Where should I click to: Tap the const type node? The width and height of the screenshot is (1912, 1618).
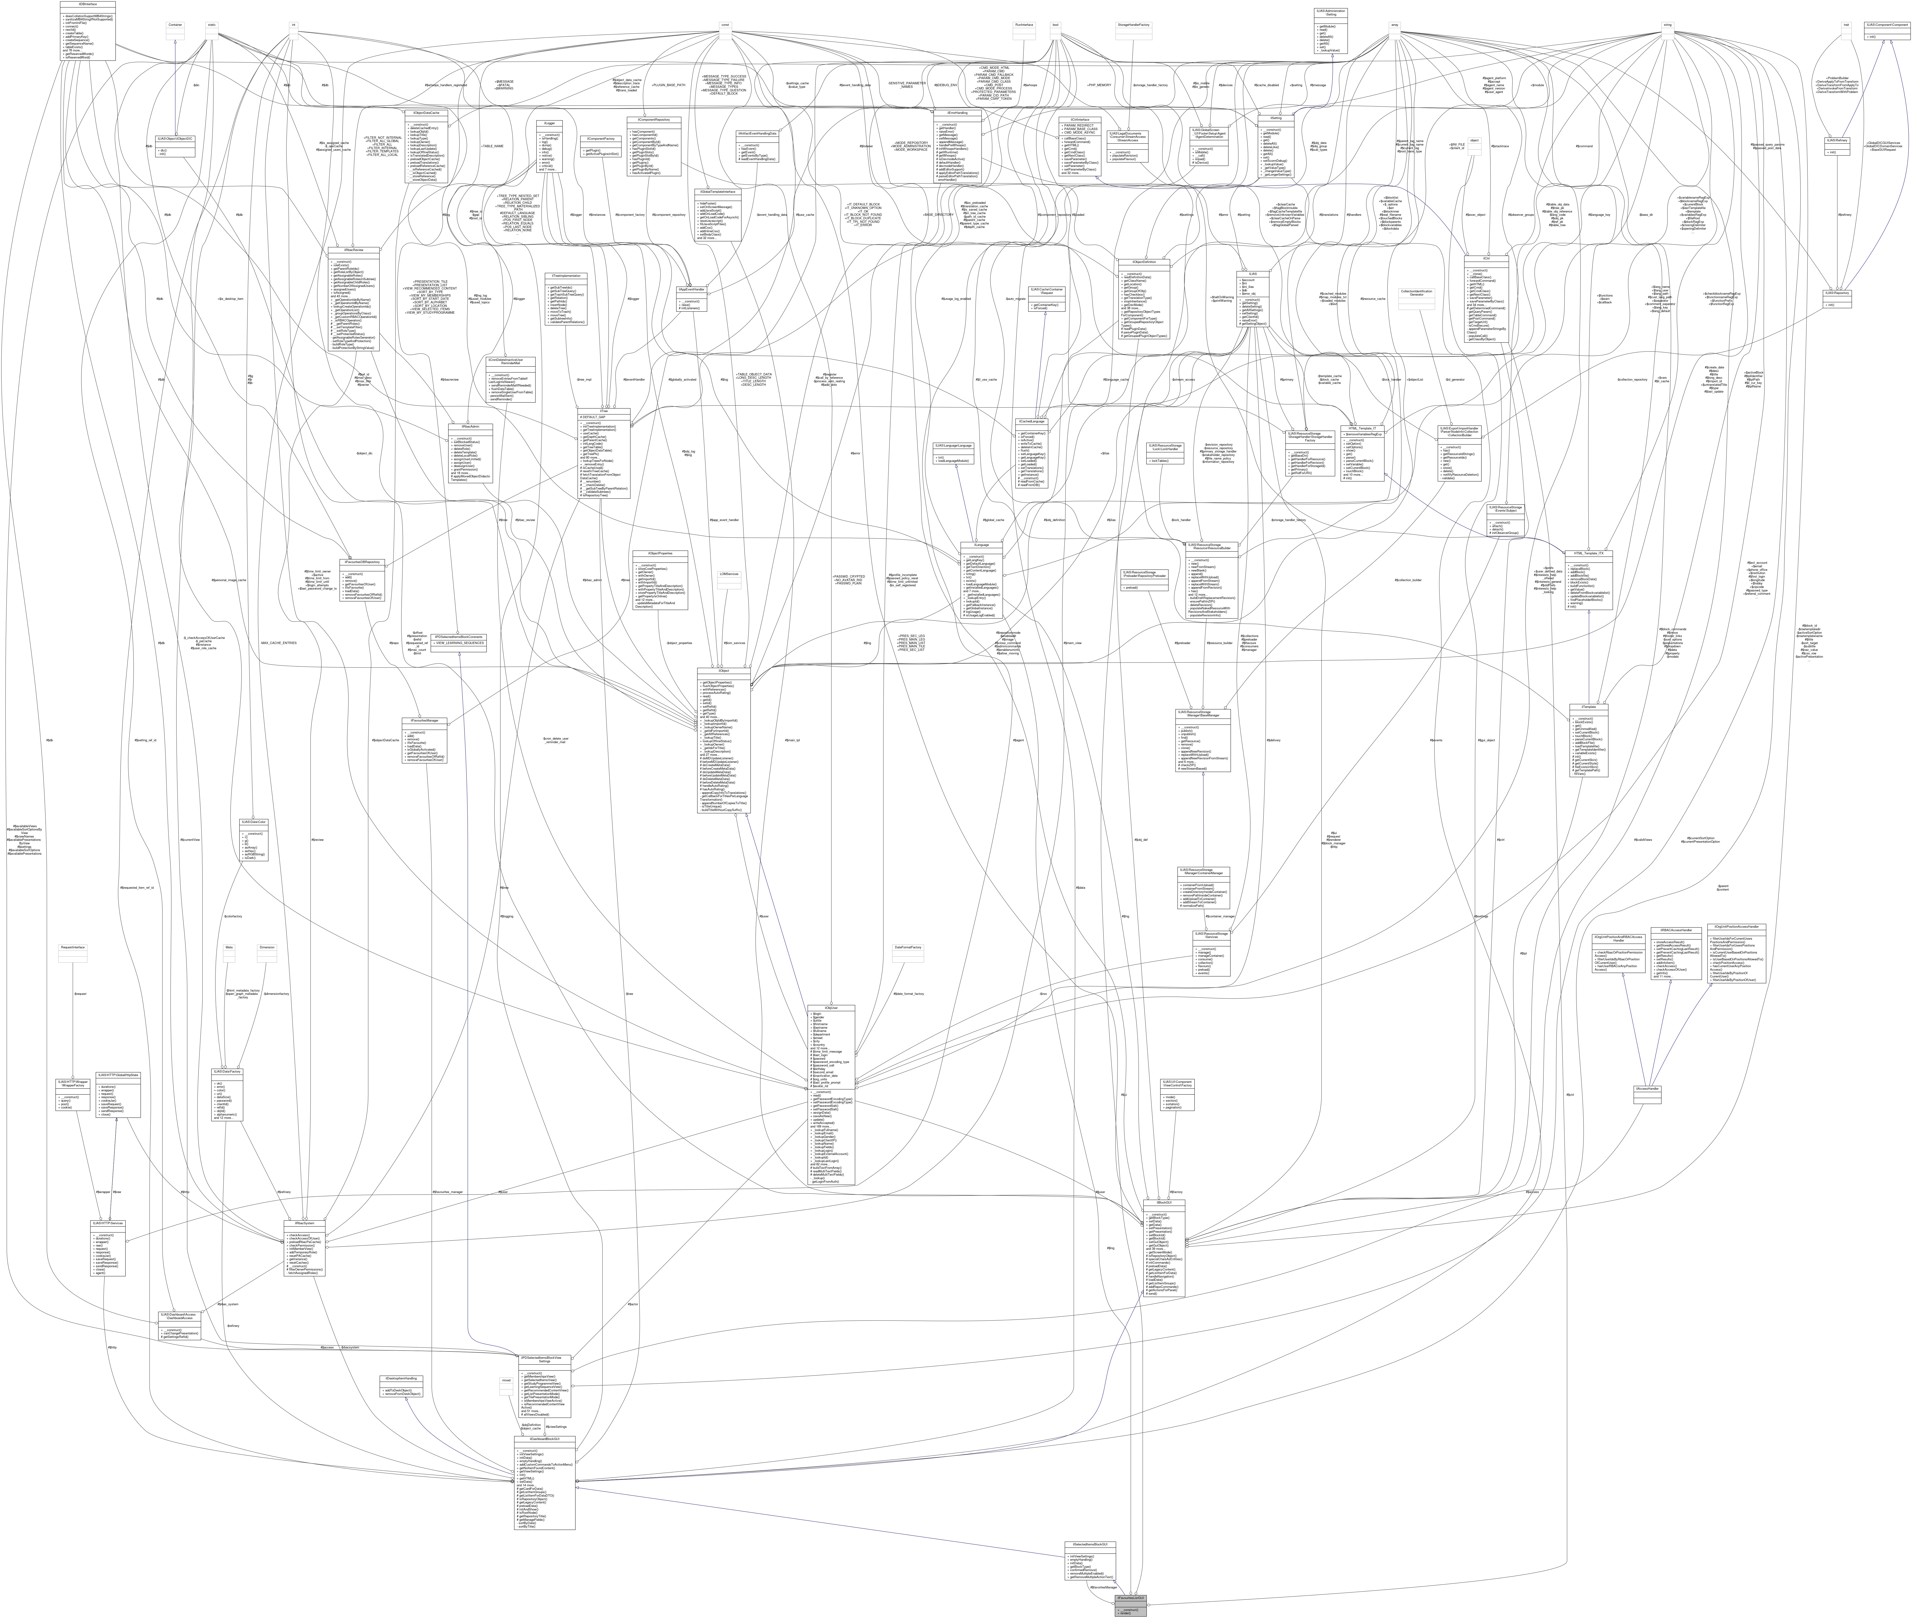coord(725,25)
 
